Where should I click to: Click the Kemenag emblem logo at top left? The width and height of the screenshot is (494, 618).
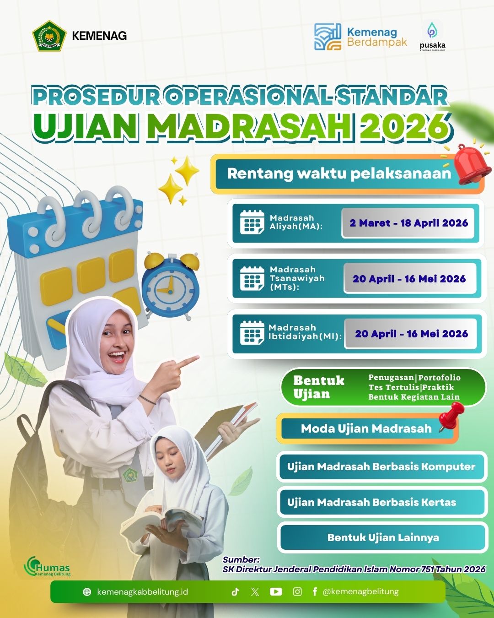pos(47,36)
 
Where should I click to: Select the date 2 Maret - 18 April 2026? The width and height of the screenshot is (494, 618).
pos(408,223)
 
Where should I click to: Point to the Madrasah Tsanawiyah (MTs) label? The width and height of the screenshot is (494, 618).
pos(297,278)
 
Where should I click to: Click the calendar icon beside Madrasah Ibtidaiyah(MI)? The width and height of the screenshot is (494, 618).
pos(252,333)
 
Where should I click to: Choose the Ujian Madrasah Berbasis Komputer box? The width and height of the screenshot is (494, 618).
pos(381,466)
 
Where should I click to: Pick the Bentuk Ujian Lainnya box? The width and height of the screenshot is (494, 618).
pos(383,537)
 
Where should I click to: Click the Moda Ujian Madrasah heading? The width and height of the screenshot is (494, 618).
pos(366,428)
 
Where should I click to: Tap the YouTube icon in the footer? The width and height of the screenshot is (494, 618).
pos(276,591)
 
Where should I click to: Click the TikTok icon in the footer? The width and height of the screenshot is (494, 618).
pos(235,591)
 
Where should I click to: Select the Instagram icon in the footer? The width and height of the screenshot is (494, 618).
pos(297,591)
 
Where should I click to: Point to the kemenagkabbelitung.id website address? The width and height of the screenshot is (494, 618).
pos(142,592)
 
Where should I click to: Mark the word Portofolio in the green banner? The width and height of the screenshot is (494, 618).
pos(439,378)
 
